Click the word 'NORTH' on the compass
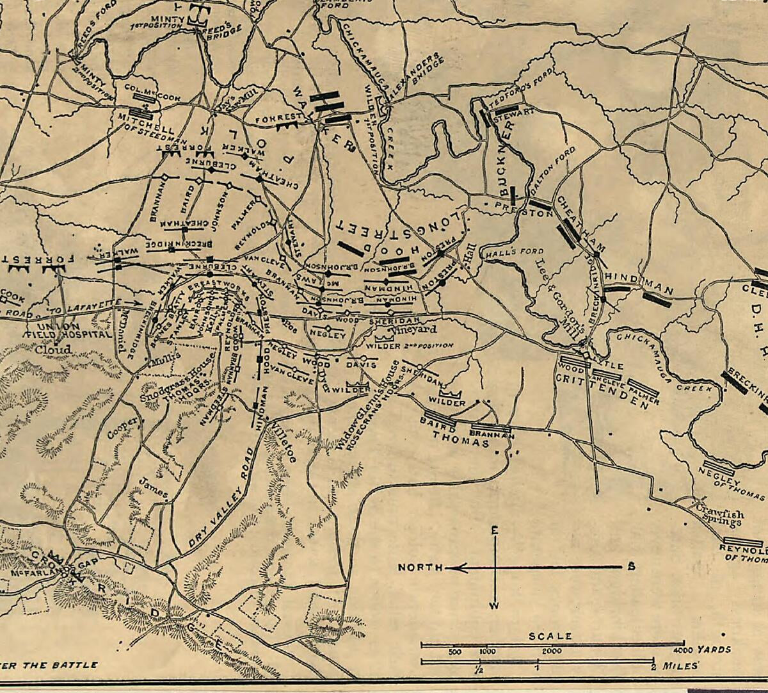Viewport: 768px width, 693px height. point(420,567)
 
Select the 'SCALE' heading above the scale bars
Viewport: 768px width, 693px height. point(550,636)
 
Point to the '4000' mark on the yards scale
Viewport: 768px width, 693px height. point(684,650)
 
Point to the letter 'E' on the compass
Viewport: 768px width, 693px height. point(494,530)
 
